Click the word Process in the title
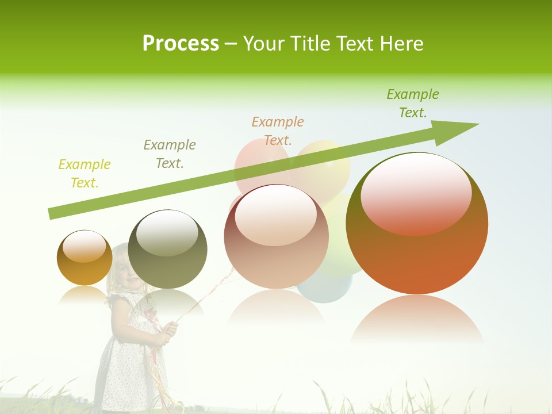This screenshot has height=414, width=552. coord(181,44)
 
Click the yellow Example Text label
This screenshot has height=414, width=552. coord(85,174)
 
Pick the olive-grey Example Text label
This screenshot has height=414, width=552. coord(170,154)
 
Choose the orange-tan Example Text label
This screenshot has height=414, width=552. coord(278,131)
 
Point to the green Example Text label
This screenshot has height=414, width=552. coord(413,103)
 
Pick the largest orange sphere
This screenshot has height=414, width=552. coord(417,253)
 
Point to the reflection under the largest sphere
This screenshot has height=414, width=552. coord(417,319)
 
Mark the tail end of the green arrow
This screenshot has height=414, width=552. coord(53,213)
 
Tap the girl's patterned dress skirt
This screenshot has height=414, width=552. coord(129,374)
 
